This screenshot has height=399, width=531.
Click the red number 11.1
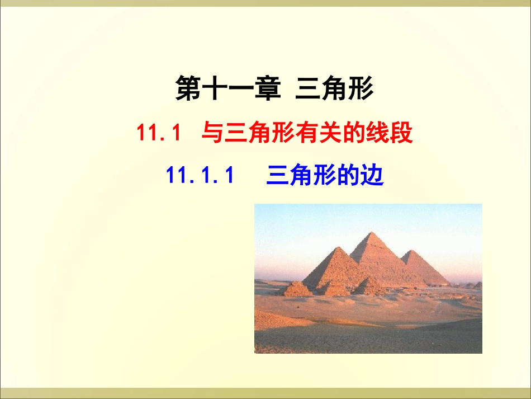coord(159,134)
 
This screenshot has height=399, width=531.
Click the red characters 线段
coord(391,134)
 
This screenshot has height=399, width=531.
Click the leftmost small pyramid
coord(296,289)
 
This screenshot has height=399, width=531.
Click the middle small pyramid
coord(334,288)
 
